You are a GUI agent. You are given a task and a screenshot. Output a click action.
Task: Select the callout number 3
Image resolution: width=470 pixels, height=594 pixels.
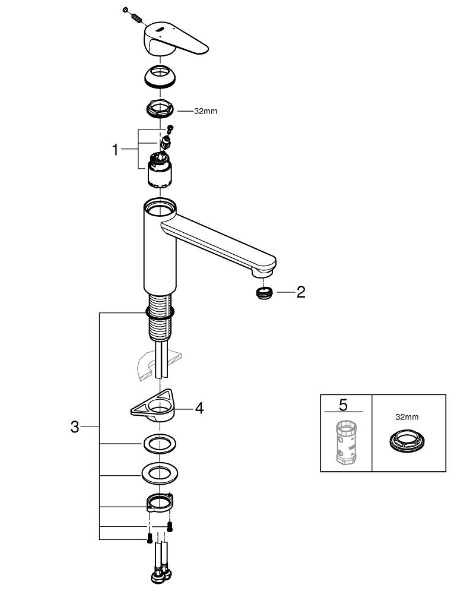point(75,426)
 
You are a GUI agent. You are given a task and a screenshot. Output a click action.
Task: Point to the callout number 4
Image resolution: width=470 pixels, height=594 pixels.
point(199,409)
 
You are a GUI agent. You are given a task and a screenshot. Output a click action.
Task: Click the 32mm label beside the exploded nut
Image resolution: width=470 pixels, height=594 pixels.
point(205,111)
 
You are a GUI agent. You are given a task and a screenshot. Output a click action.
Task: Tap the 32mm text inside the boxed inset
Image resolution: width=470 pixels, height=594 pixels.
point(407,417)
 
